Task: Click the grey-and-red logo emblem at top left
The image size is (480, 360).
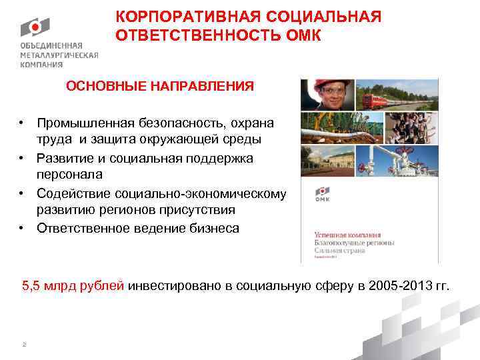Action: [x=33, y=27]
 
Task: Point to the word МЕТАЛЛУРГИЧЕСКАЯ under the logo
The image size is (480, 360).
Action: [x=59, y=56]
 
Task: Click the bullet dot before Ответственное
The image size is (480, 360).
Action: [x=22, y=228]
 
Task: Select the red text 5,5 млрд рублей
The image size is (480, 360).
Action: [x=73, y=286]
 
